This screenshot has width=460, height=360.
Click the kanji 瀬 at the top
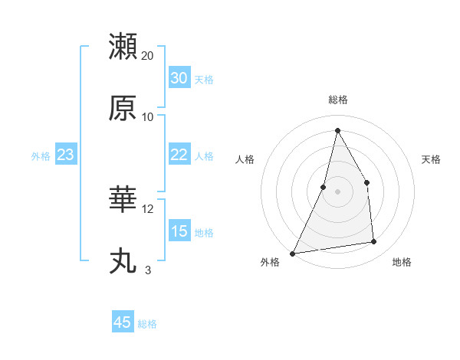pos(123,47)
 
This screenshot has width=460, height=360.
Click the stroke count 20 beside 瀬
pos(148,56)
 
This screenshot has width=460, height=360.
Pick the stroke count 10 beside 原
pos(148,116)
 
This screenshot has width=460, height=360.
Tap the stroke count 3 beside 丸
pos(148,270)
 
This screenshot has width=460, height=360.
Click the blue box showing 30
pos(179,78)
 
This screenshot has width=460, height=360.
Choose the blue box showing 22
pos(179,155)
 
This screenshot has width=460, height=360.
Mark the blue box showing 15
pos(179,231)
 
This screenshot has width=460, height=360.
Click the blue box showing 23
pos(66,155)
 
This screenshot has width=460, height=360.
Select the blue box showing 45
pos(123,322)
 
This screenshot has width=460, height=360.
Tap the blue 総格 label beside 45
pos(147,324)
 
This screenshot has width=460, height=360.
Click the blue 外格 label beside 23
pos(41,156)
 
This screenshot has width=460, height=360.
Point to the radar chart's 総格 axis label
pos(338,100)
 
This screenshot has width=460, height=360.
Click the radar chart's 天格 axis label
pos(432,159)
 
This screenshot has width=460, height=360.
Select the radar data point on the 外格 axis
pos(293,253)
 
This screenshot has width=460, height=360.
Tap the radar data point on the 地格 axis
pos(374,242)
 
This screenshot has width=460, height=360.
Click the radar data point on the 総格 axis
pos(337,129)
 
